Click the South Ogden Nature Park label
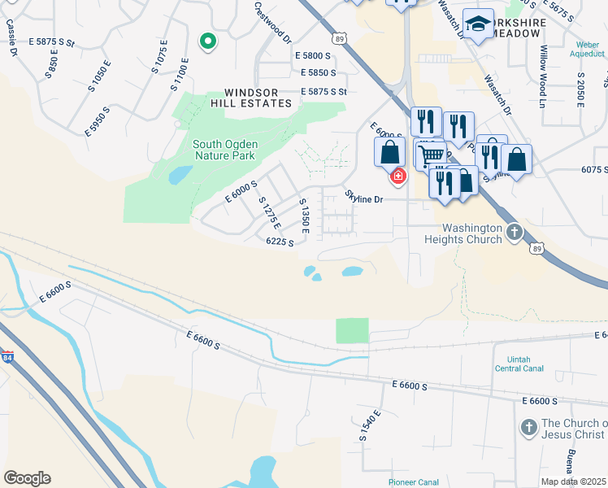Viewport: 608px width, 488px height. click(224, 150)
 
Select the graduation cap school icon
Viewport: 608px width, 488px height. click(478, 24)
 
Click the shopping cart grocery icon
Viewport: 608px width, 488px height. click(430, 154)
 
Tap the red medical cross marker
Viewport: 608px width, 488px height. click(397, 176)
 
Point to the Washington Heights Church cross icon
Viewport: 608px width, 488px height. click(514, 233)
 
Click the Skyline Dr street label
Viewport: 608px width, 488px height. click(363, 198)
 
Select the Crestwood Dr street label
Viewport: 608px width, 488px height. click(271, 22)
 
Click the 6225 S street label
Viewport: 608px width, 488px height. click(280, 242)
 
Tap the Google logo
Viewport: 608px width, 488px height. click(27, 478)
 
